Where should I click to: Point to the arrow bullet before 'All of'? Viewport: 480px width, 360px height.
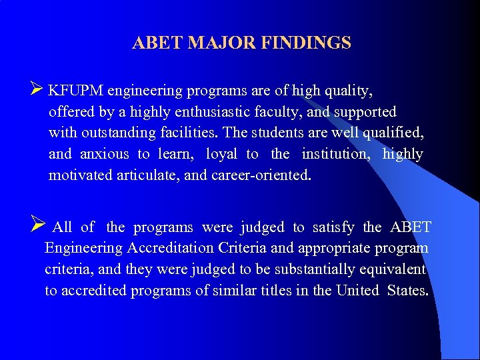(x=37, y=227)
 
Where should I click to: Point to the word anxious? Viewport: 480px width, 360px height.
(x=105, y=154)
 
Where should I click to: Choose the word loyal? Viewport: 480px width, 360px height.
(x=221, y=154)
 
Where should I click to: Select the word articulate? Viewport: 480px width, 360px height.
(x=147, y=175)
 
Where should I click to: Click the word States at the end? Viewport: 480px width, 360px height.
(x=408, y=291)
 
